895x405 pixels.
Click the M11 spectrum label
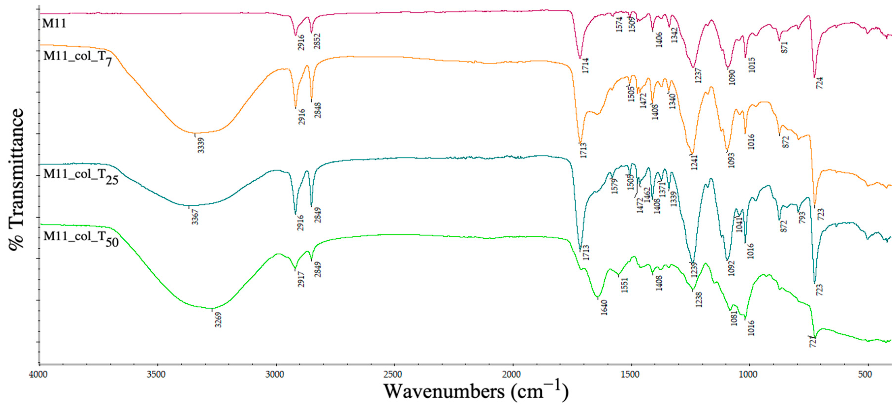(54, 23)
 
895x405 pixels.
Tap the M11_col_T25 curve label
(81, 176)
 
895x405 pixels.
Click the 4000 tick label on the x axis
(38, 375)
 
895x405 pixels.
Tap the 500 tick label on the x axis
(865, 375)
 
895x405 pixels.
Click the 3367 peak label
(195, 217)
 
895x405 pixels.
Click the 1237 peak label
(698, 76)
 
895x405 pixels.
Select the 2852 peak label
(317, 41)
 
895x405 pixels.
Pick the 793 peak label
(802, 217)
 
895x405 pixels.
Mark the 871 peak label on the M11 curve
(784, 47)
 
